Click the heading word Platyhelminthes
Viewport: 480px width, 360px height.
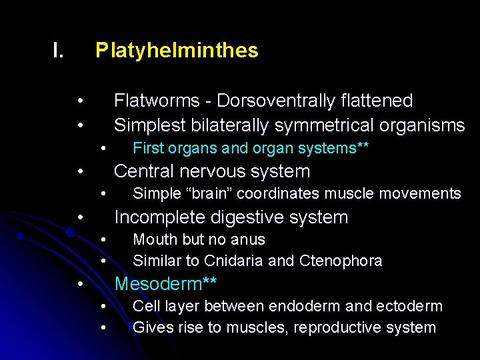tap(177, 51)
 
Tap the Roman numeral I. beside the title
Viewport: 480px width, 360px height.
tap(59, 51)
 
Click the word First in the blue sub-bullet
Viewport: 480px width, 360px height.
tap(147, 148)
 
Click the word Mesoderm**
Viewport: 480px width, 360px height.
tap(165, 284)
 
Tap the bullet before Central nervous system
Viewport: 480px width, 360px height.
tap(79, 171)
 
